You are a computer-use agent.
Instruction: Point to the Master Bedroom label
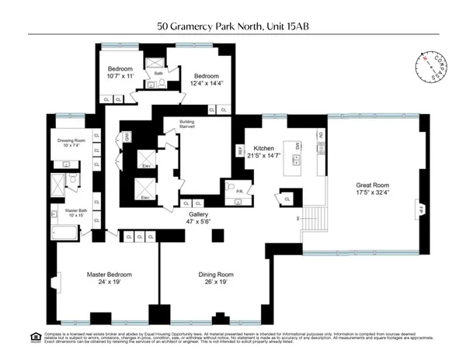tap(109, 275)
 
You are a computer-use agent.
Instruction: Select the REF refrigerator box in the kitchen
tap(240, 150)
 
